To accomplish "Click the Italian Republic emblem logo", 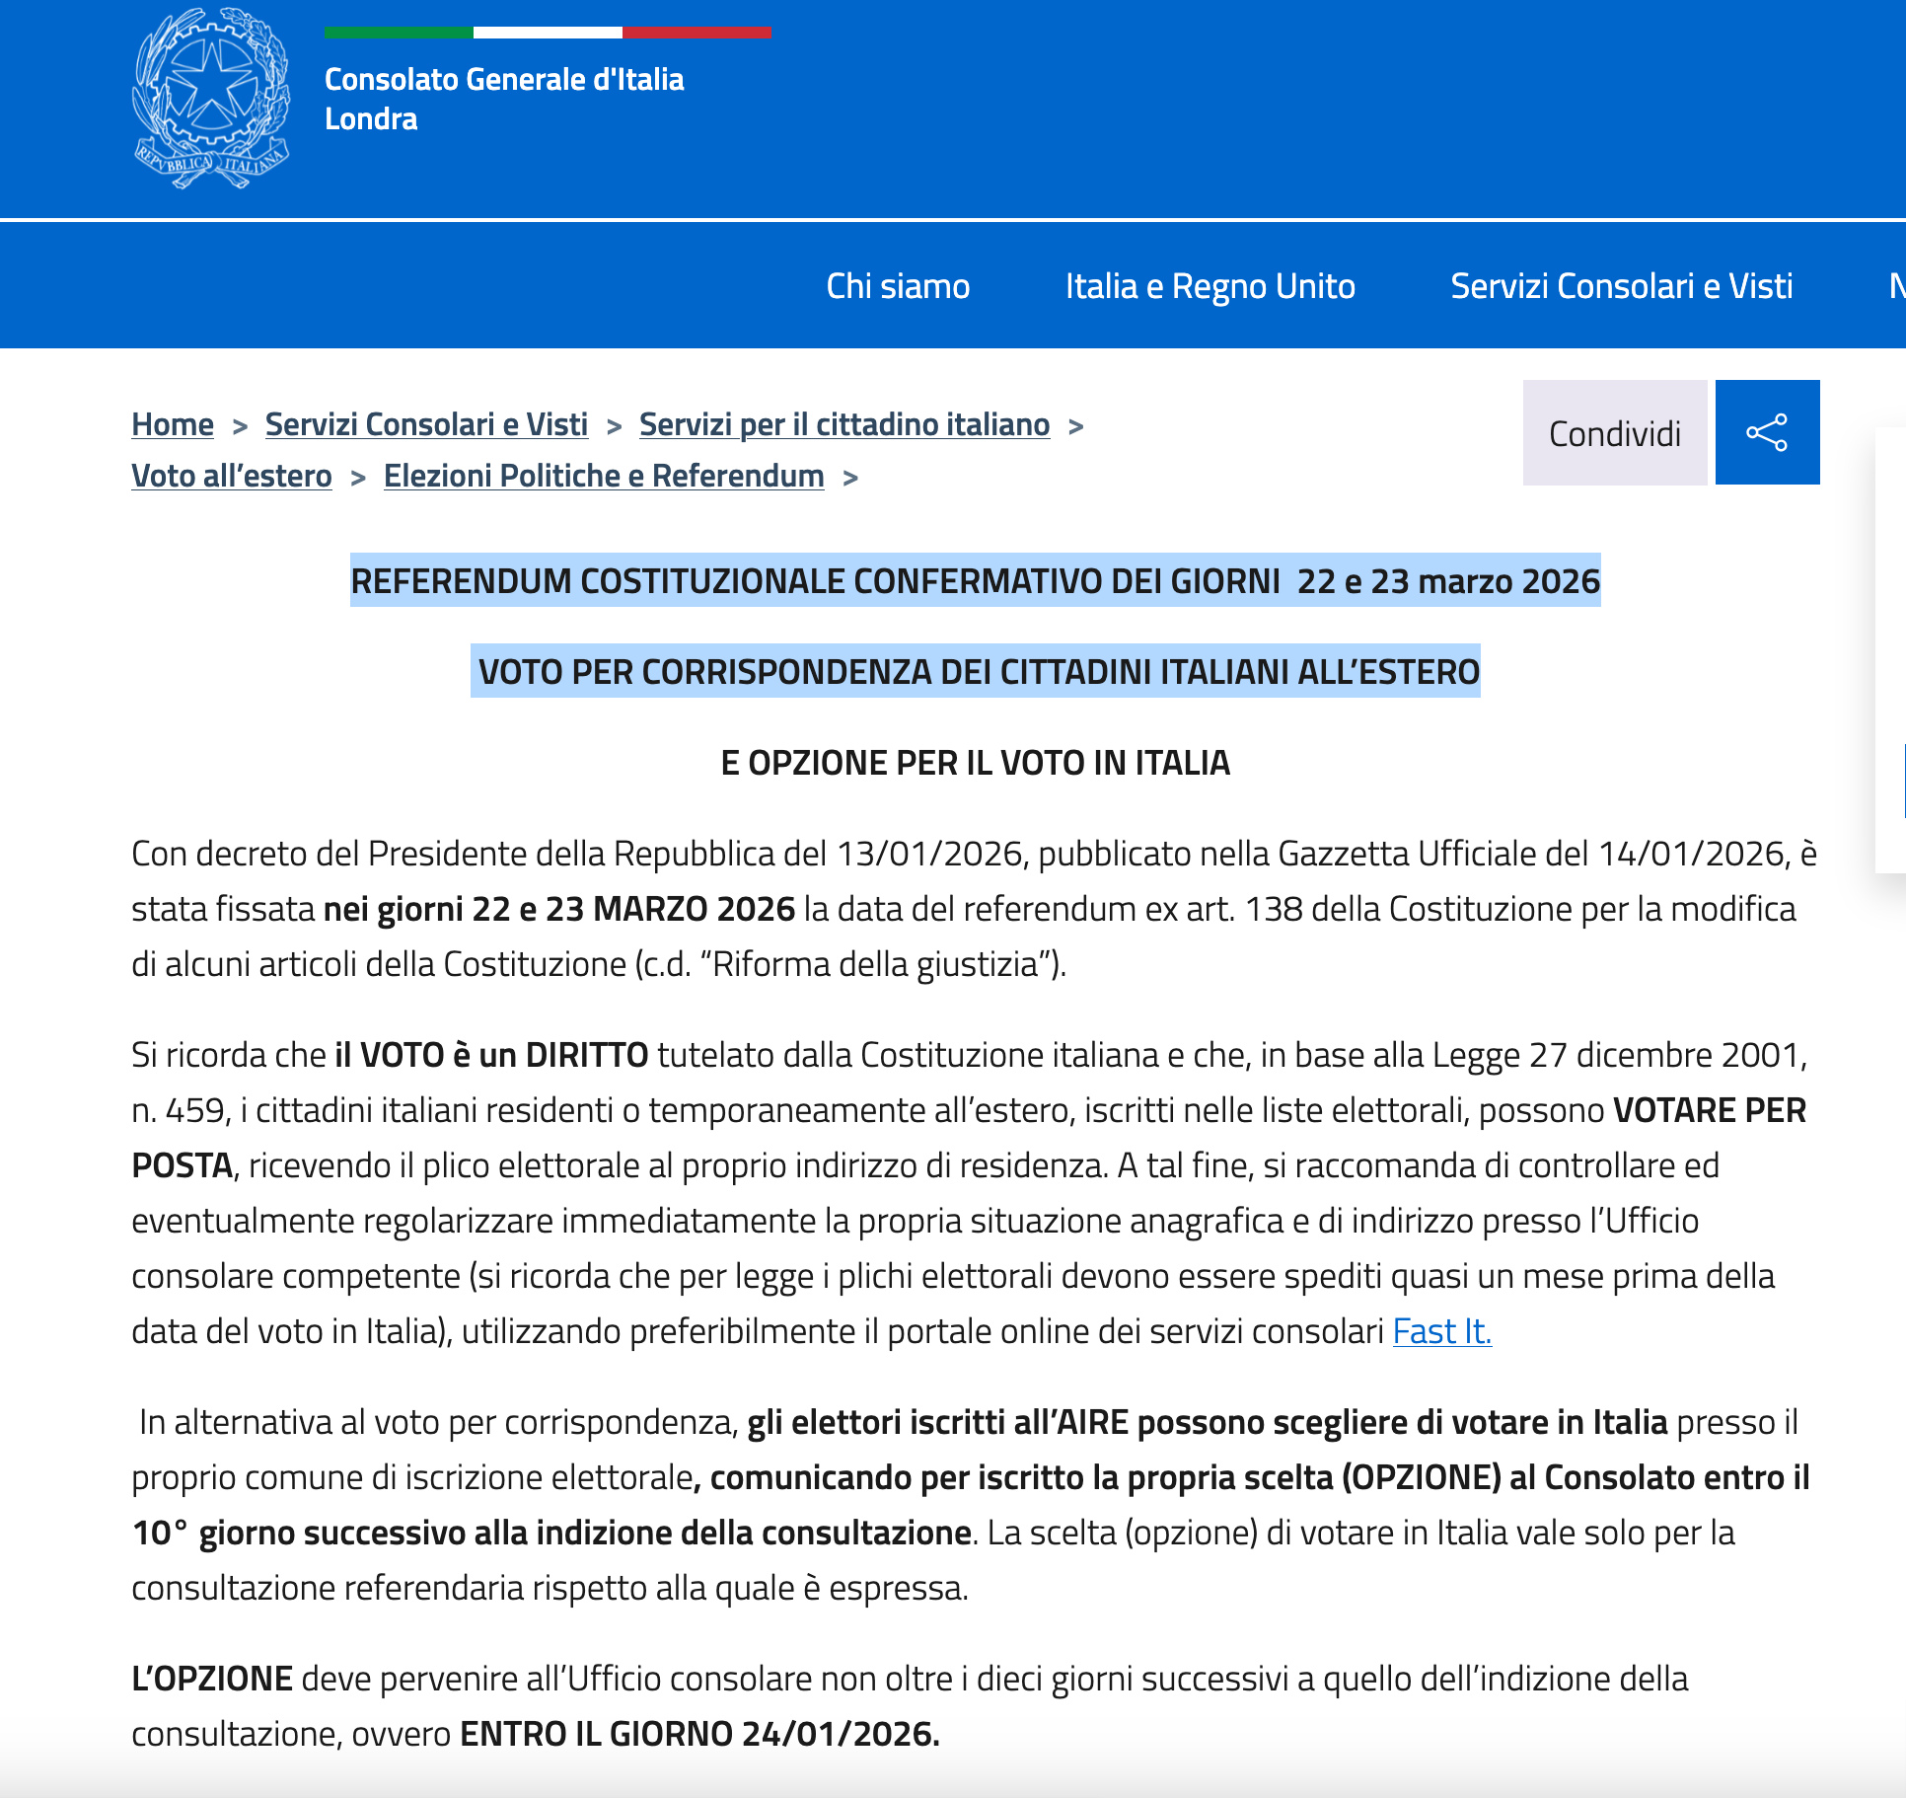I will [211, 98].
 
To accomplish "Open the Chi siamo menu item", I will [898, 286].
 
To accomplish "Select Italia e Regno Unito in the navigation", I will [1210, 286].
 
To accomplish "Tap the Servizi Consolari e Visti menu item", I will [1621, 286].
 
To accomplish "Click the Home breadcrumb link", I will [173, 424].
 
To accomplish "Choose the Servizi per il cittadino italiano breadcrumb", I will [843, 424].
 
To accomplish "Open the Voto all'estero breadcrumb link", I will [232, 476].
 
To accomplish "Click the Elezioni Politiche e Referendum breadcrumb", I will [604, 476].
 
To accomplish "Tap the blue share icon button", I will [1767, 432].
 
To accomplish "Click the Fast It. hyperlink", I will [1441, 1331].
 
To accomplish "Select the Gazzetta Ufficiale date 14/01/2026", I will [1693, 854].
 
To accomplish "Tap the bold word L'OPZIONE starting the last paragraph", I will [212, 1679].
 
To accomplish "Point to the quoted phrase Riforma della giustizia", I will [876, 964].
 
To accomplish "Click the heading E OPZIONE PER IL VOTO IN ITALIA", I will [975, 763].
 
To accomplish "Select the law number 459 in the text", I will [195, 1110].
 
